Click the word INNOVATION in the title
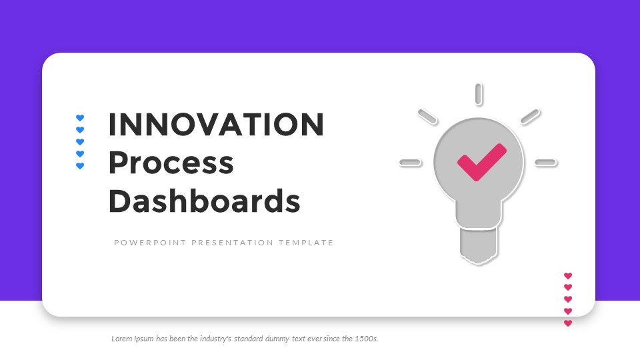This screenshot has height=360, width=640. pyautogui.click(x=216, y=125)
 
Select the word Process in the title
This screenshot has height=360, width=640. pyautogui.click(x=171, y=163)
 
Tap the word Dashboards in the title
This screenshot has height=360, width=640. pyautogui.click(x=204, y=201)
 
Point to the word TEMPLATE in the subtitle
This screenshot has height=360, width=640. pyautogui.click(x=305, y=243)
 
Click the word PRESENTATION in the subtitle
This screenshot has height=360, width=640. pyautogui.click(x=232, y=243)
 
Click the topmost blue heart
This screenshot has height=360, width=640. pyautogui.click(x=80, y=118)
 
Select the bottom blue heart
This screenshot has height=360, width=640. pyautogui.click(x=80, y=166)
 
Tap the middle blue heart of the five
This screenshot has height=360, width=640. pyautogui.click(x=80, y=142)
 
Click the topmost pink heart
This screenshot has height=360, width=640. pyautogui.click(x=568, y=275)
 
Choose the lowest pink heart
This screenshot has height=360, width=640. pyautogui.click(x=568, y=323)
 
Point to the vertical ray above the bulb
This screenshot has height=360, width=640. pyautogui.click(x=478, y=94)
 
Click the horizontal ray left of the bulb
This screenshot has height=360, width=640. pyautogui.click(x=410, y=162)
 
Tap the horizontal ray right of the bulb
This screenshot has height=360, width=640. pyautogui.click(x=545, y=162)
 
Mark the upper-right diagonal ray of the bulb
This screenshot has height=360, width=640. pyautogui.click(x=529, y=117)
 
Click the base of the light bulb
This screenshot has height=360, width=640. pyautogui.click(x=478, y=245)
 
